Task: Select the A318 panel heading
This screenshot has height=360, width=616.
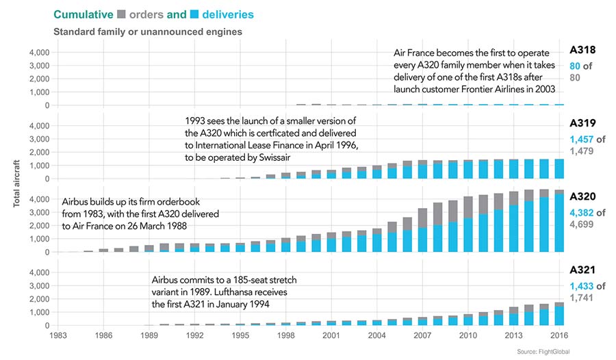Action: pos(582,50)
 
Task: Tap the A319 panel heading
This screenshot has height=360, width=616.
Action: pos(582,124)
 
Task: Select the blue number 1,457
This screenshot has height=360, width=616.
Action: pos(581,139)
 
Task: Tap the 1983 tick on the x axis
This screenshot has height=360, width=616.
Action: pos(59,336)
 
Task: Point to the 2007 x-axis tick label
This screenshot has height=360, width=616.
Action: pos(422,336)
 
